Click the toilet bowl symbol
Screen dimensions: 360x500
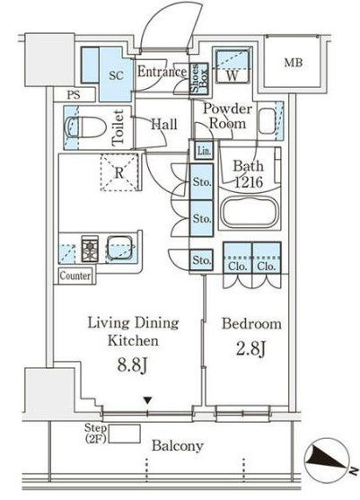(85, 127)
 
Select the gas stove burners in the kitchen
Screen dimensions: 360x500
(90, 249)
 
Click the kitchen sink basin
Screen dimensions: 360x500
(120, 248)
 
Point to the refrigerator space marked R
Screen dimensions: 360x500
(119, 172)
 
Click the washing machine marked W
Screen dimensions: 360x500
(233, 65)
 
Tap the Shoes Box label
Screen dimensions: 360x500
(199, 78)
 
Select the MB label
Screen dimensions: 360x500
(293, 63)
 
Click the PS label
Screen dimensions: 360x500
(74, 95)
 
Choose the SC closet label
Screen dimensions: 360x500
(116, 75)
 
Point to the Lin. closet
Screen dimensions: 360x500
(204, 151)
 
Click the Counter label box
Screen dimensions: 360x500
(75, 276)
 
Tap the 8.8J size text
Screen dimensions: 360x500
(132, 365)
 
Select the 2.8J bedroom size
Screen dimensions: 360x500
(250, 348)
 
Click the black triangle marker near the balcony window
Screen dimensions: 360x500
(147, 399)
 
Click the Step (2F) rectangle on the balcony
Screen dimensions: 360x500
(125, 434)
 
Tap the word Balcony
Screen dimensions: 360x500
(177, 446)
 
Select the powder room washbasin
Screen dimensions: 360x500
(267, 121)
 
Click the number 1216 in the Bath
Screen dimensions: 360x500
(249, 182)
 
